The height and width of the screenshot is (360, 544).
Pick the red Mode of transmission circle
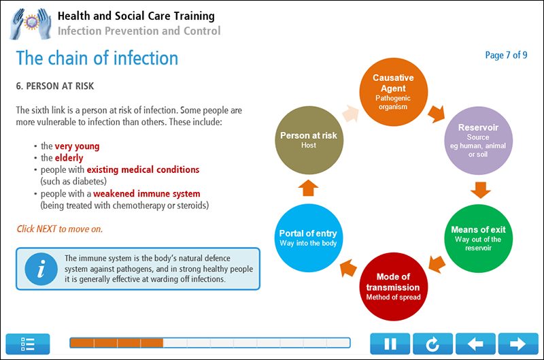click(393, 286)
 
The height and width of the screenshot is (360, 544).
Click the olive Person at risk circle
click(308, 140)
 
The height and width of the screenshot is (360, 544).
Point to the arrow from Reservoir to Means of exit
click(481, 189)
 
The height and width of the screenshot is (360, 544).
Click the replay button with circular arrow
click(433, 344)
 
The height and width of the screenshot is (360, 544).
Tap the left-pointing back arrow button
click(475, 344)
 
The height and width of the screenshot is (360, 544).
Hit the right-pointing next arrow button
click(518, 344)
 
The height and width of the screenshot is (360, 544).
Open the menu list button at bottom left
click(28, 344)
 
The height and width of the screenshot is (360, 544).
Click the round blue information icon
click(41, 269)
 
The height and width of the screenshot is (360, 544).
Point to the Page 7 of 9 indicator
click(506, 55)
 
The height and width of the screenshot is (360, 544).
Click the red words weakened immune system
click(146, 193)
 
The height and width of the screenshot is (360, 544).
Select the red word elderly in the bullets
click(69, 158)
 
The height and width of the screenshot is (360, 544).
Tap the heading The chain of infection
click(97, 58)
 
